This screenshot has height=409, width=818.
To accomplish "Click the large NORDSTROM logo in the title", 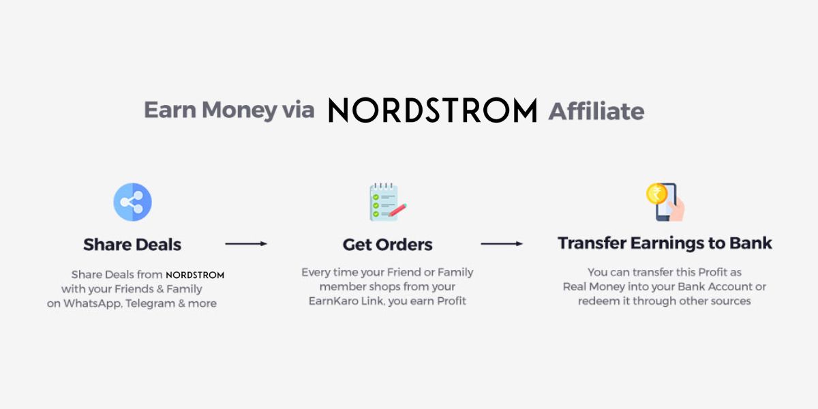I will point(433,110).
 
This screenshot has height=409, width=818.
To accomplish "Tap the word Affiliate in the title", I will point(596,110).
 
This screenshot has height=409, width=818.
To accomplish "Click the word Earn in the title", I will point(170,110).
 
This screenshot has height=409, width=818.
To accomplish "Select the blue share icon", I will point(132,202).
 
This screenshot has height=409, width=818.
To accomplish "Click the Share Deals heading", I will point(132,244).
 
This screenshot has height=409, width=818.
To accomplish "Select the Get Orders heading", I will point(387,244).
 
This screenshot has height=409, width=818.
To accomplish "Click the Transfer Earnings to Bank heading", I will point(665,243).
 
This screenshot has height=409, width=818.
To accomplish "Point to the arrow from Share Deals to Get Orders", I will point(246,243).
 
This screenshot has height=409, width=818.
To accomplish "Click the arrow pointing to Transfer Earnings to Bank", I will point(502,243).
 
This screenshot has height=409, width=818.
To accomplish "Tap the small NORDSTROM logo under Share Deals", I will point(195,275).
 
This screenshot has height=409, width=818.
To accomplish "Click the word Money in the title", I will point(230,110).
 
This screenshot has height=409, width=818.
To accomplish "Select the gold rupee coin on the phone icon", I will point(656,194).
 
